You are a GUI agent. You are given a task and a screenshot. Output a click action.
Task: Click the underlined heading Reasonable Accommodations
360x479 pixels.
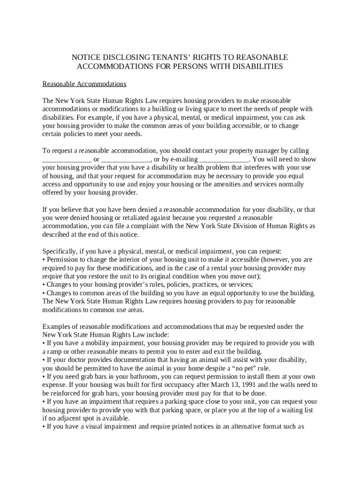pos(85,84)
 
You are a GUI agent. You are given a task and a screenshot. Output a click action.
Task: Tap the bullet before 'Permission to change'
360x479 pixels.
pos(44,260)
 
